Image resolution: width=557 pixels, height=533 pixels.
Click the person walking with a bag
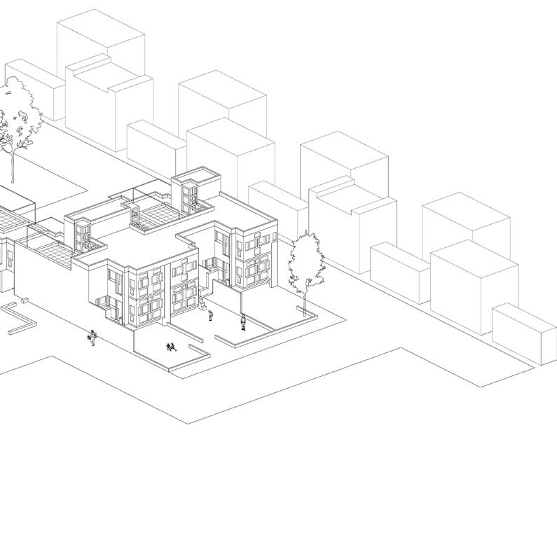coord(92,337)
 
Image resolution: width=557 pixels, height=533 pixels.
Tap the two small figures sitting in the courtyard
coord(170,346)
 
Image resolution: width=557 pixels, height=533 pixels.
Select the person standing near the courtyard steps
coord(211,316)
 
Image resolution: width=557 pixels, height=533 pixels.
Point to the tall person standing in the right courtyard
coord(243,321)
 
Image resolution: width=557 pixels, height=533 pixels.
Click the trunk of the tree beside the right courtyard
coord(308,303)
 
